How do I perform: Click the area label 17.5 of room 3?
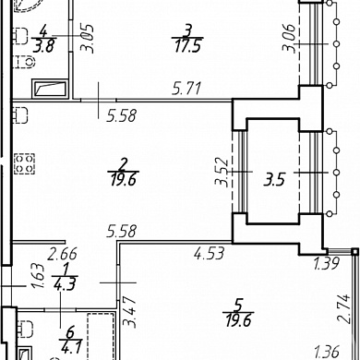pos(187,46)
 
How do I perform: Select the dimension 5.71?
pos(186,89)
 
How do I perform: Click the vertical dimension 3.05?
pos(87,39)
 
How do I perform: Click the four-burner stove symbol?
pos(24,163)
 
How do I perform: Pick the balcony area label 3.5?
pos(274,180)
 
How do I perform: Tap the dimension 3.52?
pos(222,173)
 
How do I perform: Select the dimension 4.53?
pos(209,253)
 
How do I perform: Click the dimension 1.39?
pos(326,263)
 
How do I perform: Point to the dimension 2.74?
pos(344,308)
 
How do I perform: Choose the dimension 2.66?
pos(62,254)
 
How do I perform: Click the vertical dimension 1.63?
pos(40,275)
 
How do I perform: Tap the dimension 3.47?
pos(129,311)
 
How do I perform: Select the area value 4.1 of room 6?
pos(71,348)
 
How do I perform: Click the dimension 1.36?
pos(327,352)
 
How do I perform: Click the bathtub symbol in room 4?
pos(50,89)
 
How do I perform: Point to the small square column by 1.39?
pos(355,252)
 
